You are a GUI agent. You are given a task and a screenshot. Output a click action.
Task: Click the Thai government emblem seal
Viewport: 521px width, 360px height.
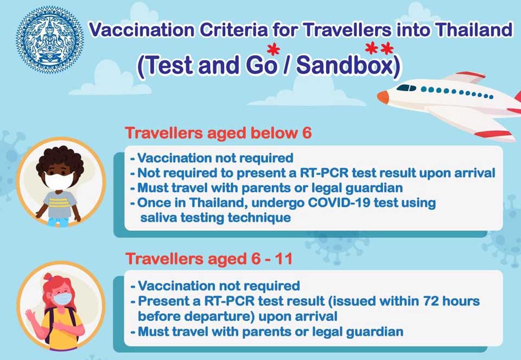click(x=49, y=40)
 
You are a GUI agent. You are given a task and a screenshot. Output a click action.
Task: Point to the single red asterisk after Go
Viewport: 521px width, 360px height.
click(x=273, y=50)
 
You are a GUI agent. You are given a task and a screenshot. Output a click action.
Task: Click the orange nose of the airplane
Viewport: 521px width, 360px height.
click(x=383, y=97)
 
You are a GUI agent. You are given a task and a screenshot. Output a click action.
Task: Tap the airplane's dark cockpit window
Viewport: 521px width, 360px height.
click(x=406, y=88)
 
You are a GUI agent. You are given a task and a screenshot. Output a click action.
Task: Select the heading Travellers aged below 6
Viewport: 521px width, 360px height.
click(x=218, y=133)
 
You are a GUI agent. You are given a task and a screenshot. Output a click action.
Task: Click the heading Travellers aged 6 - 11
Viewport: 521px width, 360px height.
click(x=209, y=258)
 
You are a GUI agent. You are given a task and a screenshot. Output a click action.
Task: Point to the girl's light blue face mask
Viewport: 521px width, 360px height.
click(x=62, y=298)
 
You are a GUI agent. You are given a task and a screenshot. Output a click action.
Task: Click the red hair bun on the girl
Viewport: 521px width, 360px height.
click(x=48, y=276)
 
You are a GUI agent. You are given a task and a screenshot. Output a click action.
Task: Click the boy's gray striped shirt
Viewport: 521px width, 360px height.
click(x=60, y=204)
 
